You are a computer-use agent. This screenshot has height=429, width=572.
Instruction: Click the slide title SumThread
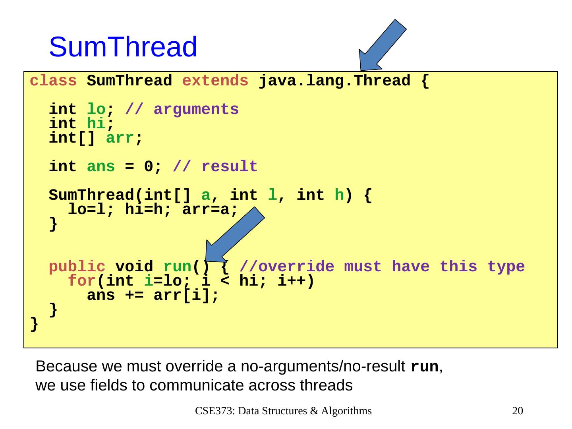click(x=123, y=47)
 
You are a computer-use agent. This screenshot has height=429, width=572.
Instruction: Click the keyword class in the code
click(x=53, y=81)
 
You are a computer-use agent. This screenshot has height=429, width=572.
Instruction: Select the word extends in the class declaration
click(x=215, y=81)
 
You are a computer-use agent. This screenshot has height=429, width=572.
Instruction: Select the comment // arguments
click(x=182, y=109)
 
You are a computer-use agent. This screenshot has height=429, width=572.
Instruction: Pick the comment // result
click(x=215, y=166)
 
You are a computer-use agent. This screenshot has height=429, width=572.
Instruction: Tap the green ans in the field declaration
click(x=101, y=166)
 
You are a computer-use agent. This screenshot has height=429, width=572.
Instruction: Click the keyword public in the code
click(x=77, y=267)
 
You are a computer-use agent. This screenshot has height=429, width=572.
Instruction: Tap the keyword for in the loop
click(x=82, y=281)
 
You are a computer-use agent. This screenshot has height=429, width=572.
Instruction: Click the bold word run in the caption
click(x=424, y=367)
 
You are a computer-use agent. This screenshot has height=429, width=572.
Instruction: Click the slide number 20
click(x=518, y=411)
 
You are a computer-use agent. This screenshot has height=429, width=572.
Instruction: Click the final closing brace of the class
click(x=35, y=324)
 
